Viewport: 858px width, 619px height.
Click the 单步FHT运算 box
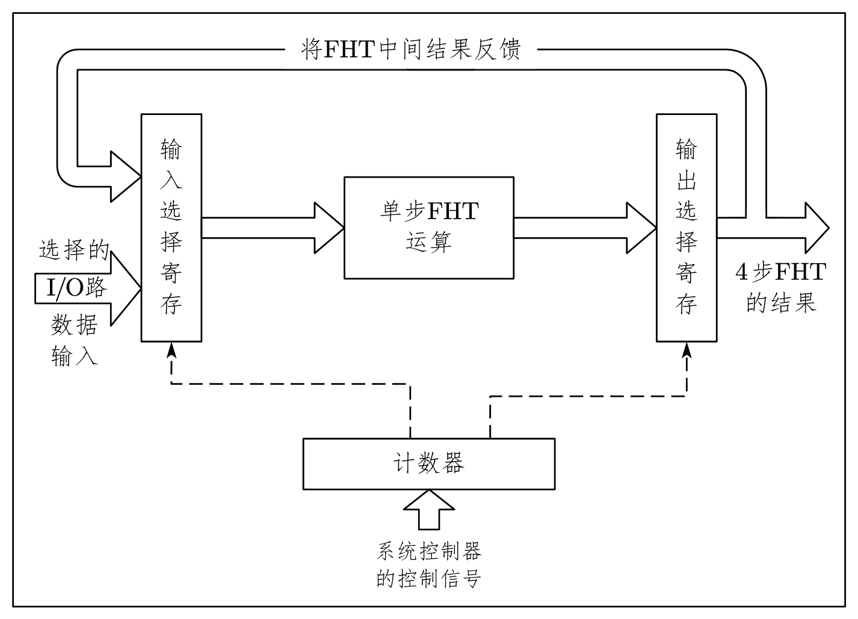(x=428, y=227)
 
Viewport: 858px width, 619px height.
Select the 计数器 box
(x=428, y=463)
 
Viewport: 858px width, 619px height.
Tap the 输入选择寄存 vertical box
(x=171, y=228)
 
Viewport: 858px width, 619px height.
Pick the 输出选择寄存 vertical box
(x=686, y=228)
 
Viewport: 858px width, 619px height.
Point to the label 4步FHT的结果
(x=781, y=287)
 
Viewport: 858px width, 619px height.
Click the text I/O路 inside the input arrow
(x=77, y=288)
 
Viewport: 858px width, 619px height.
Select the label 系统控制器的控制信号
(x=428, y=564)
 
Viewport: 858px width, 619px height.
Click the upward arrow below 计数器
(x=428, y=509)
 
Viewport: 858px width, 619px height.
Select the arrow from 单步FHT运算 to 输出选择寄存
(x=584, y=228)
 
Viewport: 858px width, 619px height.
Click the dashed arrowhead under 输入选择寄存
(x=171, y=349)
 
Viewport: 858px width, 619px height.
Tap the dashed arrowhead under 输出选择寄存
(x=686, y=349)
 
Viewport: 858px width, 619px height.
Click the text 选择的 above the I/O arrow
(x=74, y=249)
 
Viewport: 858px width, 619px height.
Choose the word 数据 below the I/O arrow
(x=74, y=325)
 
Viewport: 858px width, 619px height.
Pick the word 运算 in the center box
(x=428, y=242)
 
